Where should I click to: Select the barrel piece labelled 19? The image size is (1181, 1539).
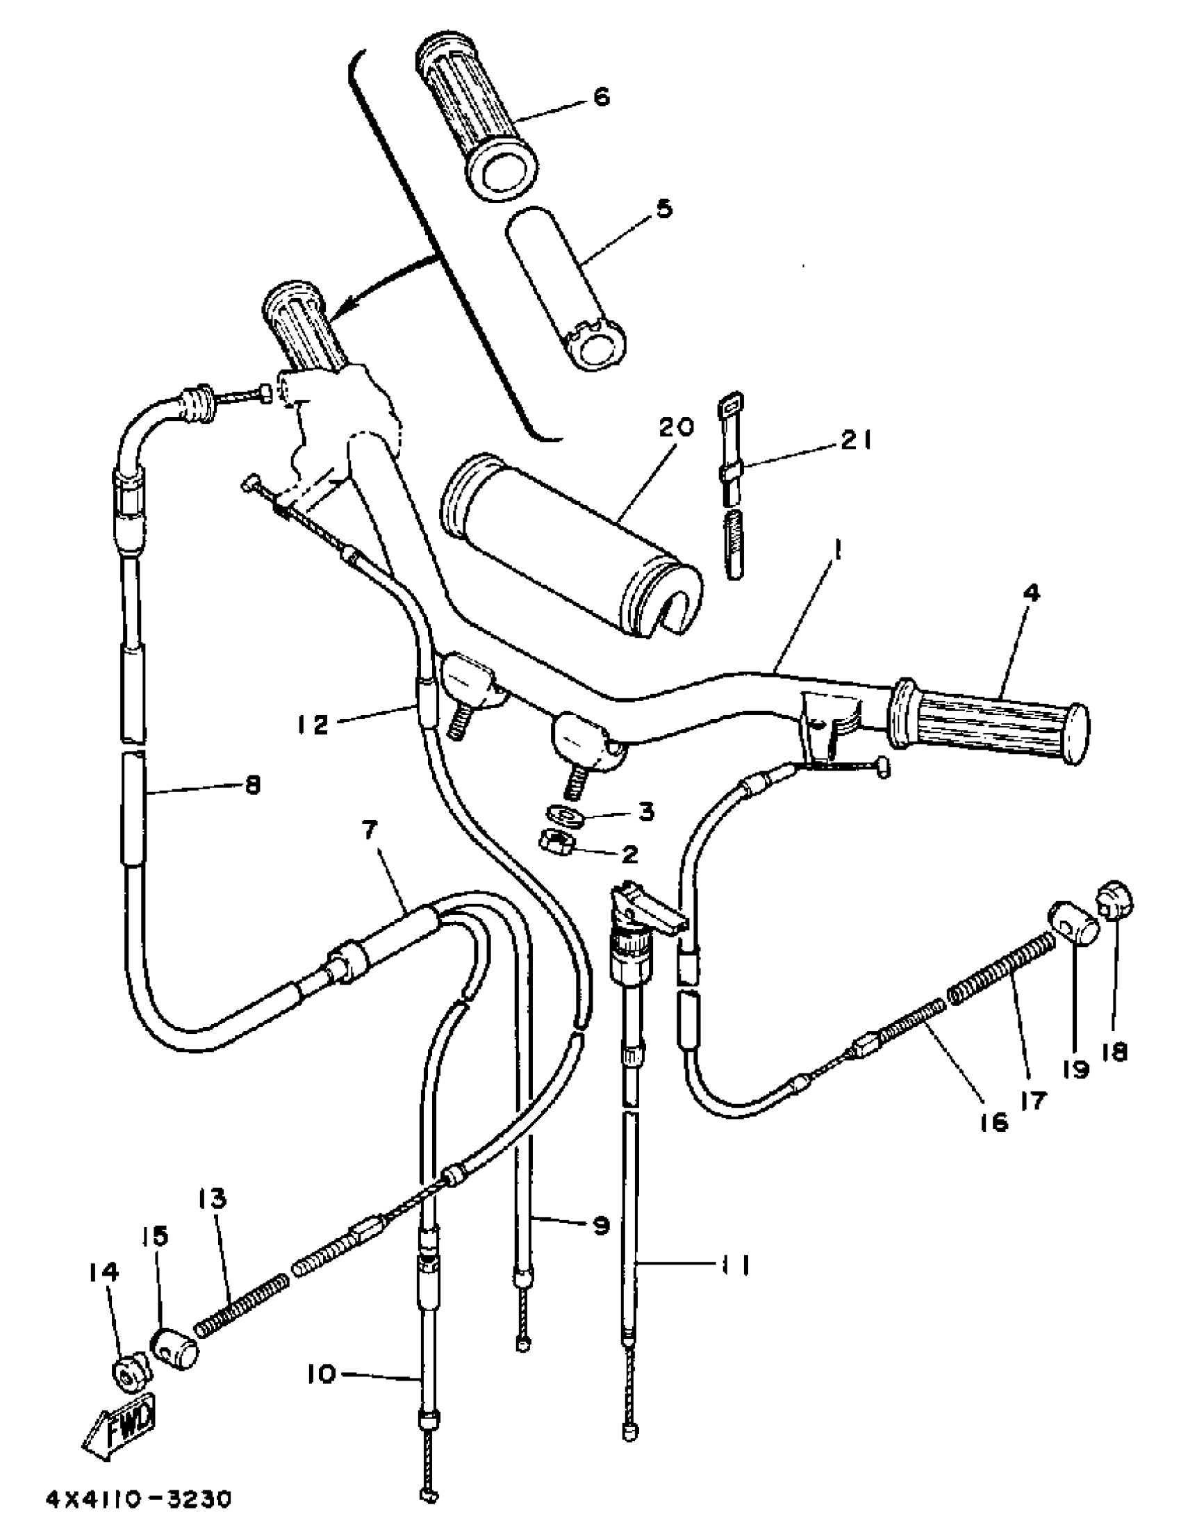tap(1074, 926)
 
